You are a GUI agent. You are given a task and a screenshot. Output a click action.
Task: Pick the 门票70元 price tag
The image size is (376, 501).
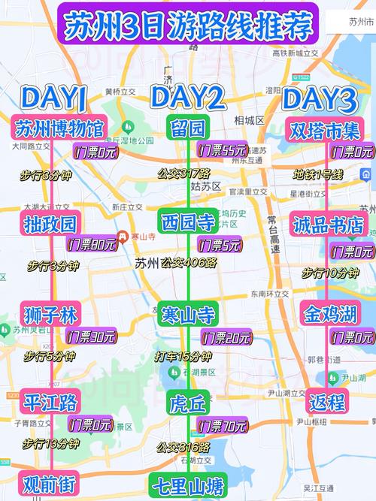pos(222,426)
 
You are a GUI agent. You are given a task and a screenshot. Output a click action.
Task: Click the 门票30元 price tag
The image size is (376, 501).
pos(91,336)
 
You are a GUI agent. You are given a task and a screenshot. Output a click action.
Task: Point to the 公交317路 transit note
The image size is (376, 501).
pos(183,174)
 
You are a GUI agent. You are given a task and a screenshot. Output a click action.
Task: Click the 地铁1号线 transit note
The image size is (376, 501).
pos(318,174)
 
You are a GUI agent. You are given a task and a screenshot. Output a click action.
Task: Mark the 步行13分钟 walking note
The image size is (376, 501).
pos(51,444)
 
